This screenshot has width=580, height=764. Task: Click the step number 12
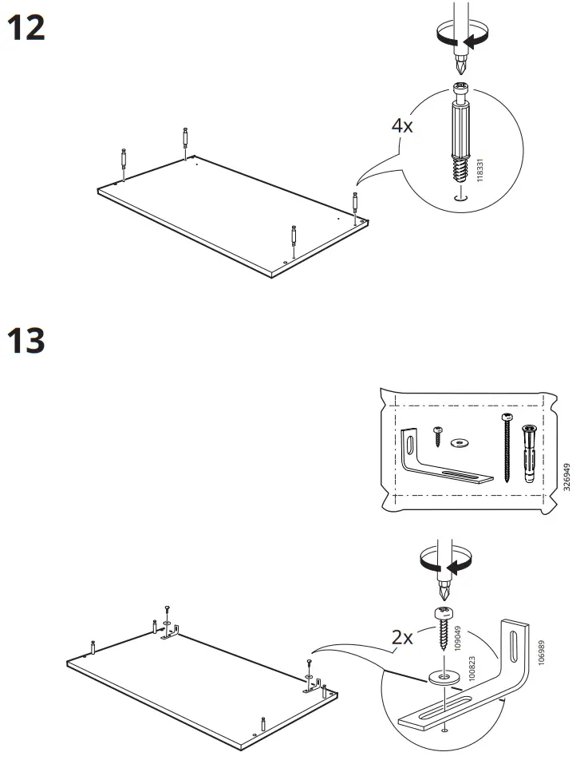[26, 30]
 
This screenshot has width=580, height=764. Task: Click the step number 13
[26, 341]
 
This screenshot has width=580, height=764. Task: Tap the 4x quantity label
[402, 125]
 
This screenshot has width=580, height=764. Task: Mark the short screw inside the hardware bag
[438, 435]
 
